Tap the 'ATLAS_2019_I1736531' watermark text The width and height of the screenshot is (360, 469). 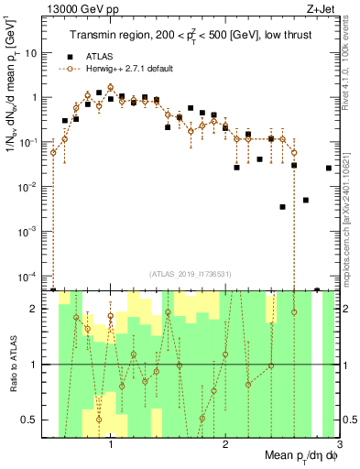coord(190,273)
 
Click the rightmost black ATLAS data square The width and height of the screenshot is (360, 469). coord(329,168)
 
